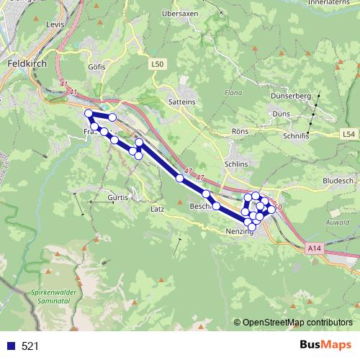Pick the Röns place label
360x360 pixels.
(x=240, y=131)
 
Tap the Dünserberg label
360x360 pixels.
(x=290, y=96)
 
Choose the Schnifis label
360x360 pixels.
(x=296, y=135)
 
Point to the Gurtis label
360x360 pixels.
(x=117, y=197)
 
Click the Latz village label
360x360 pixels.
(x=158, y=209)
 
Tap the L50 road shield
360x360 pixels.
(x=158, y=64)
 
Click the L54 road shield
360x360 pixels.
(x=348, y=134)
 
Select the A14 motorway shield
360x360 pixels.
(x=312, y=248)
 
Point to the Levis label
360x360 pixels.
(x=55, y=24)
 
